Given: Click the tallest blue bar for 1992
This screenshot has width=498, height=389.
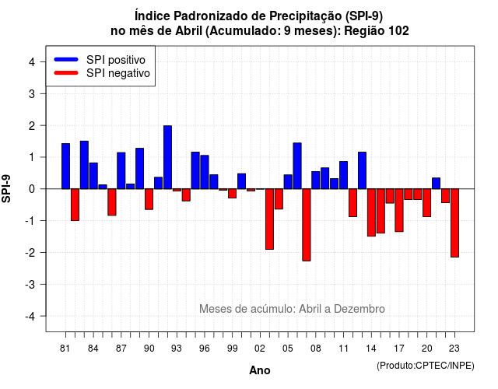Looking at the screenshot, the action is tap(168, 157).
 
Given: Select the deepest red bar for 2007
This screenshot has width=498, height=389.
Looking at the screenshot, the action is tap(307, 225).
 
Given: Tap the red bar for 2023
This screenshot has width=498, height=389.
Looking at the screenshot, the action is tap(454, 223).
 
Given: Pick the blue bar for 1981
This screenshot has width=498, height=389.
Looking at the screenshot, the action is tap(65, 166).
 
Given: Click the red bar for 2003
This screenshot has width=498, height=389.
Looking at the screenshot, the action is tap(270, 219).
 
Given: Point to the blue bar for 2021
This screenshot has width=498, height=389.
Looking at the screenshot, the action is tap(437, 184).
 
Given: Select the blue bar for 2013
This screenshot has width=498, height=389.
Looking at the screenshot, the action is tap(362, 170).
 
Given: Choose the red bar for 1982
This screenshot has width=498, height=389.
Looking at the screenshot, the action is tap(75, 205).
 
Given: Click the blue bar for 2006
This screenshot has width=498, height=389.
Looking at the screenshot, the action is tap(297, 166).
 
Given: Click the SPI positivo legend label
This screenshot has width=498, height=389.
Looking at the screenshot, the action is tap(116, 60).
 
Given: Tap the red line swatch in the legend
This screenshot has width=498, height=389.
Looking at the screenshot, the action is tap(66, 72).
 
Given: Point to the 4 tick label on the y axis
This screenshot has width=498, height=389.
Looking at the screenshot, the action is tap(32, 62).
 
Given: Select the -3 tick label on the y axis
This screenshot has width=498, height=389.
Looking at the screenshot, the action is tap(30, 284).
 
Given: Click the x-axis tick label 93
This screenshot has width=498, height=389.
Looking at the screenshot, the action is tap(177, 349).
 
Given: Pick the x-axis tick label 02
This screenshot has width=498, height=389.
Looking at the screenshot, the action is tap(260, 349).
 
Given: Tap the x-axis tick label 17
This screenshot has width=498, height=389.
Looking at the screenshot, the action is tap(399, 349).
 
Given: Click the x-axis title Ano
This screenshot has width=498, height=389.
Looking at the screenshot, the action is tap(260, 370).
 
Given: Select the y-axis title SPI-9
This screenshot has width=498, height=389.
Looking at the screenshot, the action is tap(6, 188).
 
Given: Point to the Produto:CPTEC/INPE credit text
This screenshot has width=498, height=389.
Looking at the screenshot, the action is tap(426, 366).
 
